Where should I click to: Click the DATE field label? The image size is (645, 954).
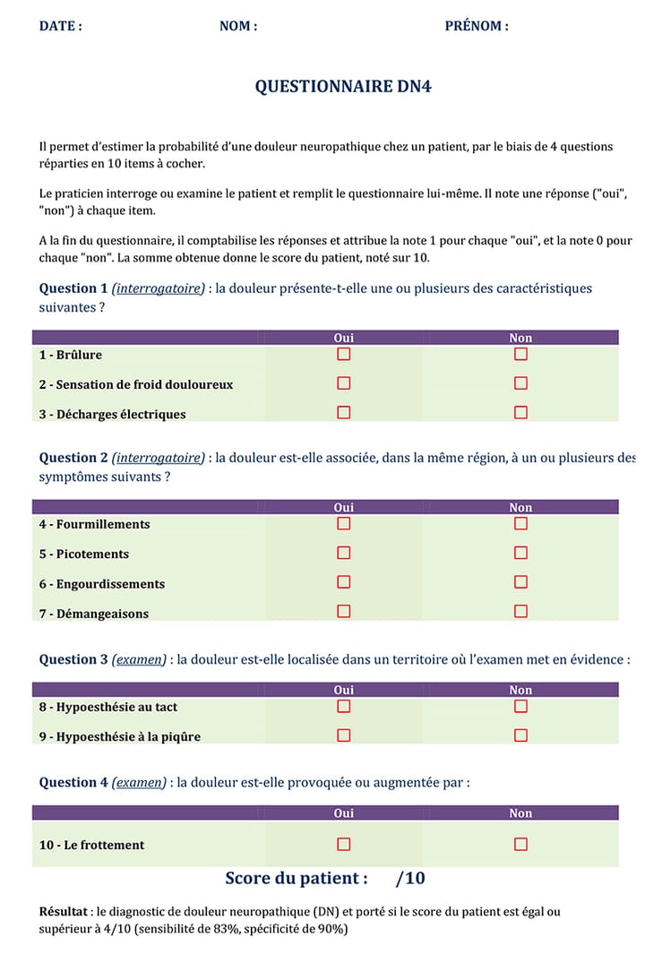click(60, 26)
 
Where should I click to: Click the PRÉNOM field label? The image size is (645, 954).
click(477, 26)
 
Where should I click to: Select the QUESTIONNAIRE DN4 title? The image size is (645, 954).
click(344, 87)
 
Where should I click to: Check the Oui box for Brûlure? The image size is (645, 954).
click(343, 355)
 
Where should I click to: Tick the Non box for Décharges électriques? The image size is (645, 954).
click(520, 413)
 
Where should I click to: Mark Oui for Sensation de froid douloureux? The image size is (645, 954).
click(343, 383)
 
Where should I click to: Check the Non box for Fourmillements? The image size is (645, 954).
click(520, 524)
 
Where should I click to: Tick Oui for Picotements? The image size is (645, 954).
click(343, 553)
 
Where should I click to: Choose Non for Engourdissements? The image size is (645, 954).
click(520, 582)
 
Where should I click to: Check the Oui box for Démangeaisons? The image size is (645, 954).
click(343, 612)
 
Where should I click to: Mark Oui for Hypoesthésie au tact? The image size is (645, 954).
click(343, 707)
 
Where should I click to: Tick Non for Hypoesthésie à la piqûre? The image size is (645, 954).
click(520, 735)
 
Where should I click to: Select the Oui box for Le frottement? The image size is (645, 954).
click(343, 844)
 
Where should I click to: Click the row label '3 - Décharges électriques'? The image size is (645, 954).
click(113, 414)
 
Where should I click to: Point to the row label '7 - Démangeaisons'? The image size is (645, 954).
click(94, 614)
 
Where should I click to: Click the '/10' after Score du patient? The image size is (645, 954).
click(410, 878)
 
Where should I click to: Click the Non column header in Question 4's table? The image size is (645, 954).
click(520, 813)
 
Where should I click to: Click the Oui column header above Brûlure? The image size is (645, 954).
click(343, 338)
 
